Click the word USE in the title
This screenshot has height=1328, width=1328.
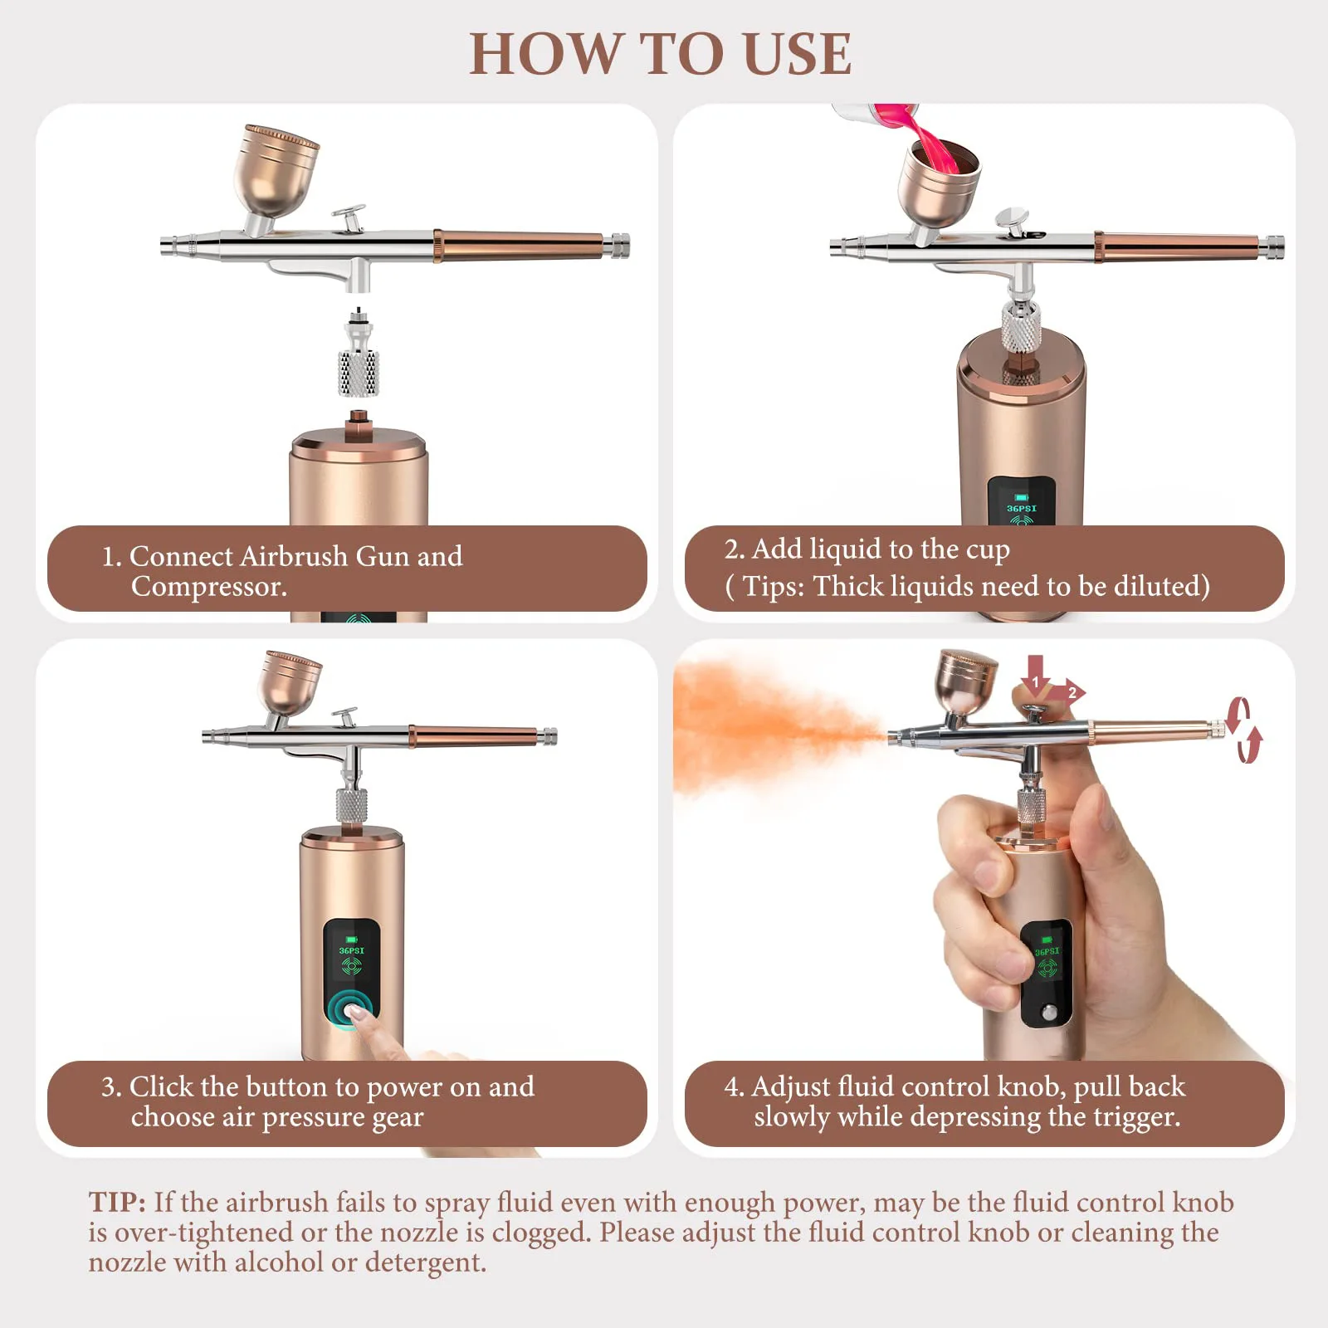point(797,55)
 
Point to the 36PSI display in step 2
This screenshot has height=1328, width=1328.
point(1022,508)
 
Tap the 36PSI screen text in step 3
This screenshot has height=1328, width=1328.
point(351,950)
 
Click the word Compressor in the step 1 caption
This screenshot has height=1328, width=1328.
point(209,587)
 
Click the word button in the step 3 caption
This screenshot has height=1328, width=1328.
point(286,1086)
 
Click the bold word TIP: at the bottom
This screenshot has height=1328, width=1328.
point(117,1202)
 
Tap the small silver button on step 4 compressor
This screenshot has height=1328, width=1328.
point(1049,1013)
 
